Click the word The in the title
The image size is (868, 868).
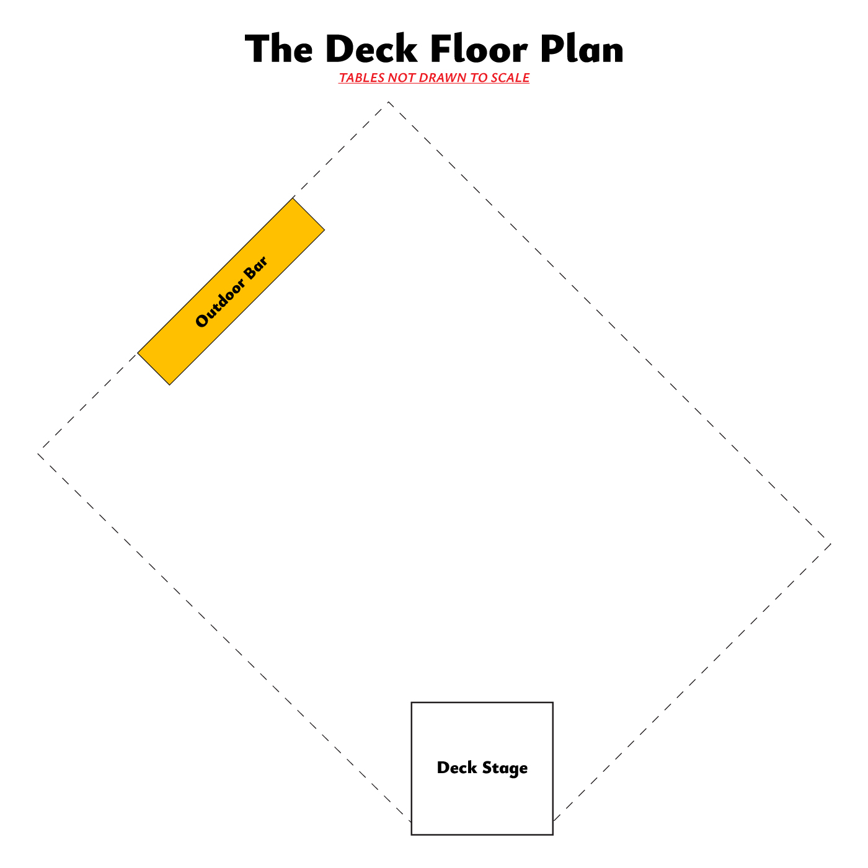pyautogui.click(x=278, y=50)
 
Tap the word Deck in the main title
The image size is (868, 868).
pyautogui.click(x=371, y=50)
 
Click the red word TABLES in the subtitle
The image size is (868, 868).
pyautogui.click(x=361, y=78)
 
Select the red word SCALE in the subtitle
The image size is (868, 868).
pyautogui.click(x=512, y=78)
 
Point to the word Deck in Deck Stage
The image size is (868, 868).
pyautogui.click(x=457, y=768)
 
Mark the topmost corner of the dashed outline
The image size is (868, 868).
pyautogui.click(x=389, y=101)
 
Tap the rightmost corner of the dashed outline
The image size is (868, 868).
pyautogui.click(x=831, y=545)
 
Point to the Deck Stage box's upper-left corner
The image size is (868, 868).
pyautogui.click(x=412, y=702)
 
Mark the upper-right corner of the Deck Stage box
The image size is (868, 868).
pyautogui.click(x=552, y=702)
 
